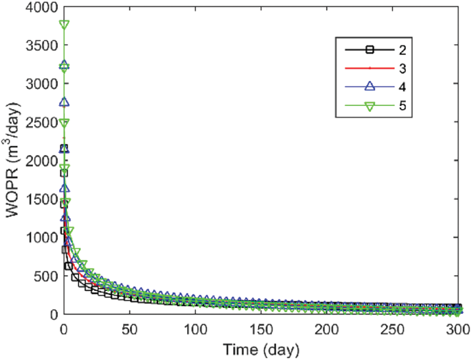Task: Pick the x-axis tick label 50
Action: point(129,329)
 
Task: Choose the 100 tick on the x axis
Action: point(195,329)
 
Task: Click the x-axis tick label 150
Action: point(261,329)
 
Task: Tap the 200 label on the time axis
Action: point(326,329)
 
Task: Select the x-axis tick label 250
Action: point(392,329)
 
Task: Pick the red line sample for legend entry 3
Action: point(369,68)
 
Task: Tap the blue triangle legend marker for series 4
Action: point(369,87)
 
